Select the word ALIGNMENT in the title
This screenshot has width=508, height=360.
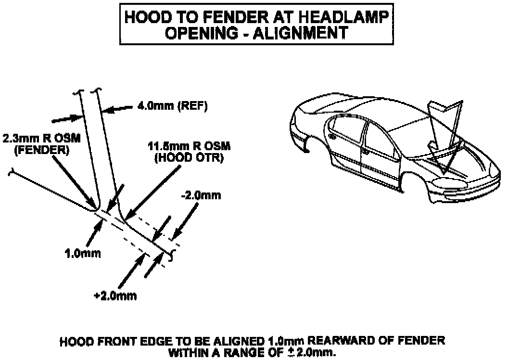coord(302,32)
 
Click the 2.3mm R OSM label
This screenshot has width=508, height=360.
coord(42,139)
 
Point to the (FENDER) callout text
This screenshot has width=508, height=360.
coord(41,150)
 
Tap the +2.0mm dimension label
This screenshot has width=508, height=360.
coord(115,296)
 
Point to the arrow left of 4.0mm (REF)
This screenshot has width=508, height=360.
coord(65,117)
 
